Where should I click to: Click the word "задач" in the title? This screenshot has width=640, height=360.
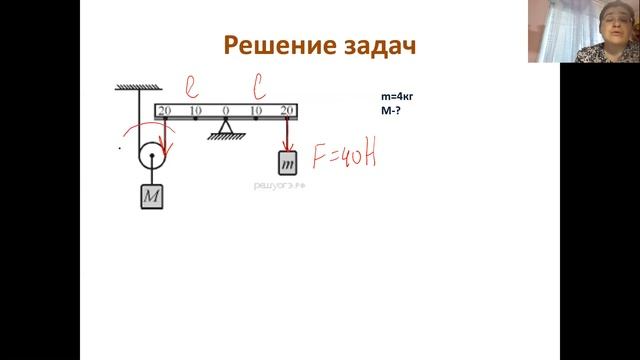click(372, 46)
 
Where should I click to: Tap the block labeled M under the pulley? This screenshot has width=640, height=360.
click(151, 196)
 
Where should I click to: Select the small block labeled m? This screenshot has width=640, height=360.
click(288, 161)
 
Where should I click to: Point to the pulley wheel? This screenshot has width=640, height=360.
click(151, 155)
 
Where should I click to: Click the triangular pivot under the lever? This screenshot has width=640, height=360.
click(226, 128)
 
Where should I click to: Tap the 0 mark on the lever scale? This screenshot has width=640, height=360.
click(226, 110)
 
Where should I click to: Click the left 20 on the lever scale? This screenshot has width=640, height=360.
click(165, 110)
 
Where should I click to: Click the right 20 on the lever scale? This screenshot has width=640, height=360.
click(288, 110)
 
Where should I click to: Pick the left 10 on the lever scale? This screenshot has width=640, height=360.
click(195, 110)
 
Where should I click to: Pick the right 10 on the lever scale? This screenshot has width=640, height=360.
click(257, 110)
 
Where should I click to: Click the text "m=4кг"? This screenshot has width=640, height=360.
click(397, 96)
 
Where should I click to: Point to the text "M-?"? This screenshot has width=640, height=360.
click(391, 110)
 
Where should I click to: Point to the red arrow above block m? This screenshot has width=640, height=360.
click(288, 133)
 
